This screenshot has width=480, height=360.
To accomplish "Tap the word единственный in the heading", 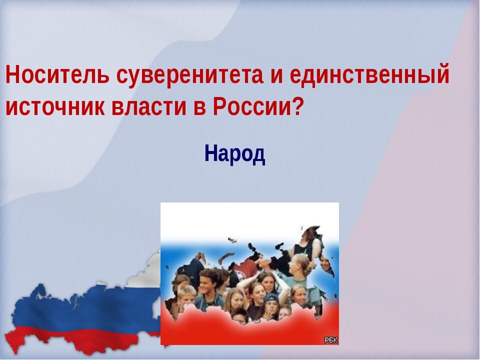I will point(369,75).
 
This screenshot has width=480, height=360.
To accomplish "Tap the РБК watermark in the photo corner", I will point(330,340).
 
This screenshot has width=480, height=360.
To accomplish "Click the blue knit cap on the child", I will point(271,298).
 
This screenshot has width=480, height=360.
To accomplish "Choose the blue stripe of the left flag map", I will point(75,307).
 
